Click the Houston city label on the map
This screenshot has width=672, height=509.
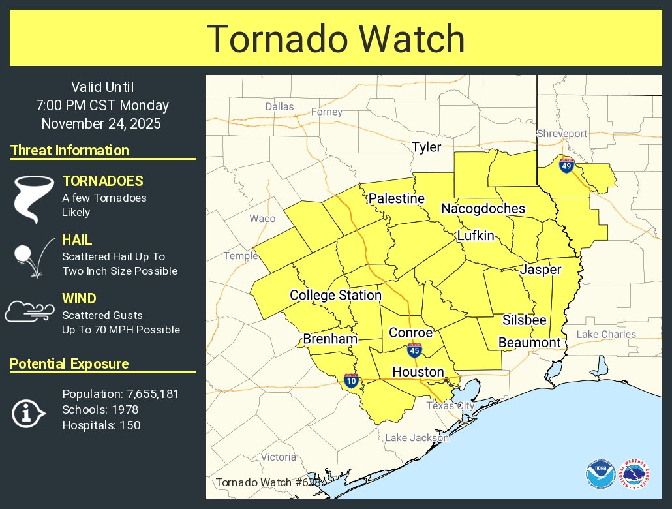pos(418,372)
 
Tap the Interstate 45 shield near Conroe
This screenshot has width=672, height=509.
pos(414,350)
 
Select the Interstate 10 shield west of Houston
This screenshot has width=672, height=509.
pos(351,380)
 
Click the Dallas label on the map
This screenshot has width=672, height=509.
pos(279,106)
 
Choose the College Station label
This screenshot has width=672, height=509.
pos(335,296)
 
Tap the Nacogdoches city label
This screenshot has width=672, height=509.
pos(483,209)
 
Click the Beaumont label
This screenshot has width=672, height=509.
pos(529,343)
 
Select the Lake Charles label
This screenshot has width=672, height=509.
pos(605,335)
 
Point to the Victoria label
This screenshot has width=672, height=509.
pos(279,457)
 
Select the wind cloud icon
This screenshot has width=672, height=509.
pos(29,312)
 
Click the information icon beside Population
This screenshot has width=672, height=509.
pos(28,413)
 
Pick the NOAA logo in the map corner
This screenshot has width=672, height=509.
pos(600,474)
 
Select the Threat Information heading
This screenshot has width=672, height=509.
pos(70,151)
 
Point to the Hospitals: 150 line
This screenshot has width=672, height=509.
pos(101,425)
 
